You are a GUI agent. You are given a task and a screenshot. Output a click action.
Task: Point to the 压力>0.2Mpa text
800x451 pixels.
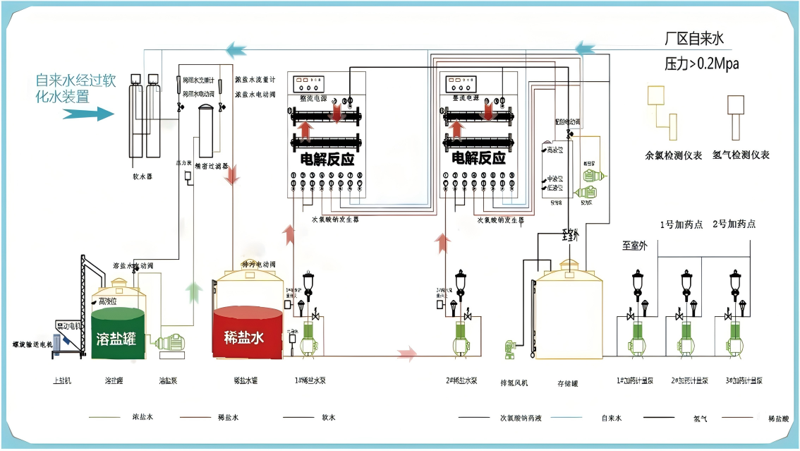click(x=701, y=64)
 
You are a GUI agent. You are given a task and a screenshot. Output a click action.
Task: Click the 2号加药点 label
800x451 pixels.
click(x=734, y=224)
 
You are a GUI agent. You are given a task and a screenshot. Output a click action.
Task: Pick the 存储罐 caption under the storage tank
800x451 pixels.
click(x=568, y=383)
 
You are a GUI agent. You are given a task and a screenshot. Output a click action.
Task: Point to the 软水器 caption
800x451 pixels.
click(x=143, y=177)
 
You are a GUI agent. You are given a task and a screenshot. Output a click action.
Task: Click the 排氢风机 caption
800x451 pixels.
click(x=514, y=383)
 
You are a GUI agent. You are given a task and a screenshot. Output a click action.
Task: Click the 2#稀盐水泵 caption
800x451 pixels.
click(x=460, y=381)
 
